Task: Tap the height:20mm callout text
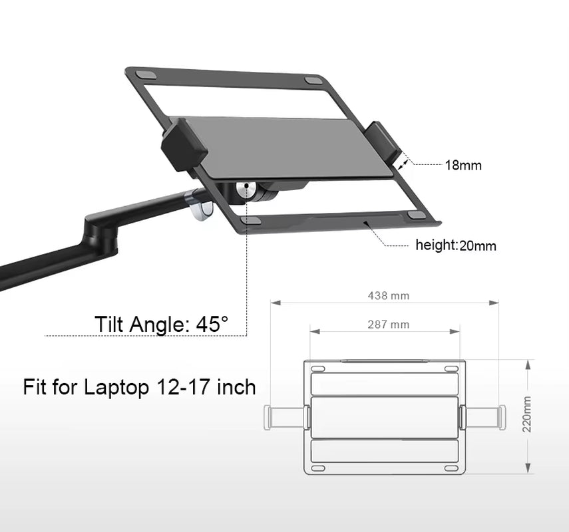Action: click(456, 245)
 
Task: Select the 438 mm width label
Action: click(389, 295)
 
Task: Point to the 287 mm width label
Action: click(389, 325)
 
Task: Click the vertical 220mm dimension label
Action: click(527, 415)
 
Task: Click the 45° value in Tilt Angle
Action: click(212, 325)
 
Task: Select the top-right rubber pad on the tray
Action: click(313, 80)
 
